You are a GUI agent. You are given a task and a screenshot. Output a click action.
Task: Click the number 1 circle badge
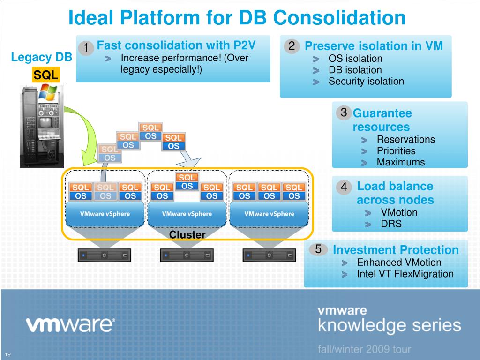[x=86, y=47]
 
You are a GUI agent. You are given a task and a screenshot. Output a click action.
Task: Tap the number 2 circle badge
[x=292, y=46]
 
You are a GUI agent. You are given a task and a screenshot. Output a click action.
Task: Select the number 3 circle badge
[x=344, y=112]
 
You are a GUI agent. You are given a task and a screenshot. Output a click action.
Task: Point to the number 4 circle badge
[x=344, y=187]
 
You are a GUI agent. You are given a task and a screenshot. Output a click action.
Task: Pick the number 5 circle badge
[x=318, y=249]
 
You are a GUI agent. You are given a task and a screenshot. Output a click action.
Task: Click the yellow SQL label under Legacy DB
[x=45, y=75]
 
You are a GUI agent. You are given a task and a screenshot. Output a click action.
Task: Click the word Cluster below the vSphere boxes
[x=187, y=234]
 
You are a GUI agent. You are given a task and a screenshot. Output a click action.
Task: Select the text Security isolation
[x=366, y=81]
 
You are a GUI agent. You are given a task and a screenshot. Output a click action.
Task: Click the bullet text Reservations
[x=406, y=139]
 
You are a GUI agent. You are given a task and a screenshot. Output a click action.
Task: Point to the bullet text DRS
[x=391, y=224]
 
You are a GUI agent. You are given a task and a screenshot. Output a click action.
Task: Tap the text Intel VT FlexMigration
[x=405, y=274]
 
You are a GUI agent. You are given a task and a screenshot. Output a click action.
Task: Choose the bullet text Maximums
[x=401, y=162]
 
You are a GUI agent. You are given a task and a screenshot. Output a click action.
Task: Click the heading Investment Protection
[x=396, y=250]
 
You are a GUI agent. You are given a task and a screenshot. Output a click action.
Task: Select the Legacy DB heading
[x=42, y=58]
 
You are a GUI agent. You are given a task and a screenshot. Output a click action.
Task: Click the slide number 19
[x=8, y=354]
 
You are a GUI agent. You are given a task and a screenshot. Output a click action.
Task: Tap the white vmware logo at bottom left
[x=70, y=324]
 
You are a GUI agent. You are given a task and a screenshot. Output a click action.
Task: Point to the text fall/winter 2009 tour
[x=364, y=349]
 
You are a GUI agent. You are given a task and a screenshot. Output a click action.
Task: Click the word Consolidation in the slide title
[x=339, y=18]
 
